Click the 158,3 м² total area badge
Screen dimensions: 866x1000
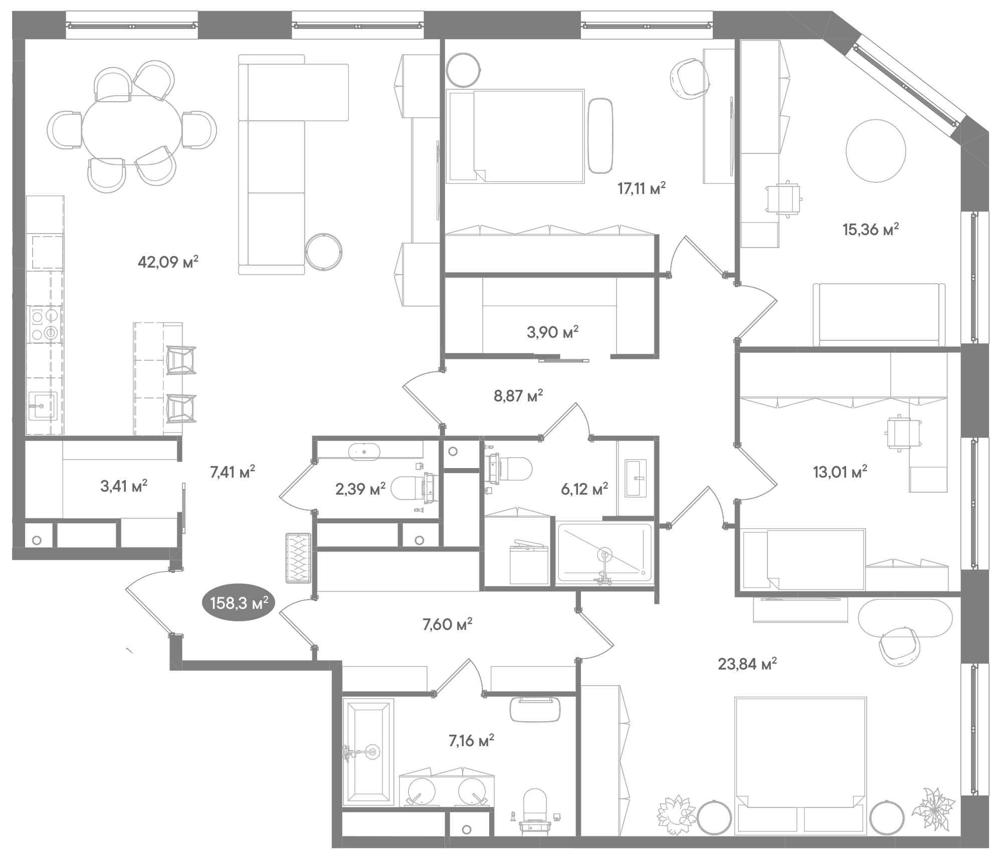coord(239,603)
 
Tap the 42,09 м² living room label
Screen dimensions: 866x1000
coord(168,262)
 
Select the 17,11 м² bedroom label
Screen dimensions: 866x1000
coord(641,189)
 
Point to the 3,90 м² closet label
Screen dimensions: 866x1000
coord(552,332)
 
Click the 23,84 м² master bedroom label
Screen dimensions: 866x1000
coord(747,664)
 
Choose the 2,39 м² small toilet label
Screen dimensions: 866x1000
coord(360,489)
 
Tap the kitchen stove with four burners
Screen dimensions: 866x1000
coord(44,325)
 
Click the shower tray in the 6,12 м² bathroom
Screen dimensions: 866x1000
coord(604,553)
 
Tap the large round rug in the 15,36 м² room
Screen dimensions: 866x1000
coord(875,151)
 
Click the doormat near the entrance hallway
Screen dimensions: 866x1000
coord(298,558)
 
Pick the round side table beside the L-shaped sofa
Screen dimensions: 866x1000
coord(324,252)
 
